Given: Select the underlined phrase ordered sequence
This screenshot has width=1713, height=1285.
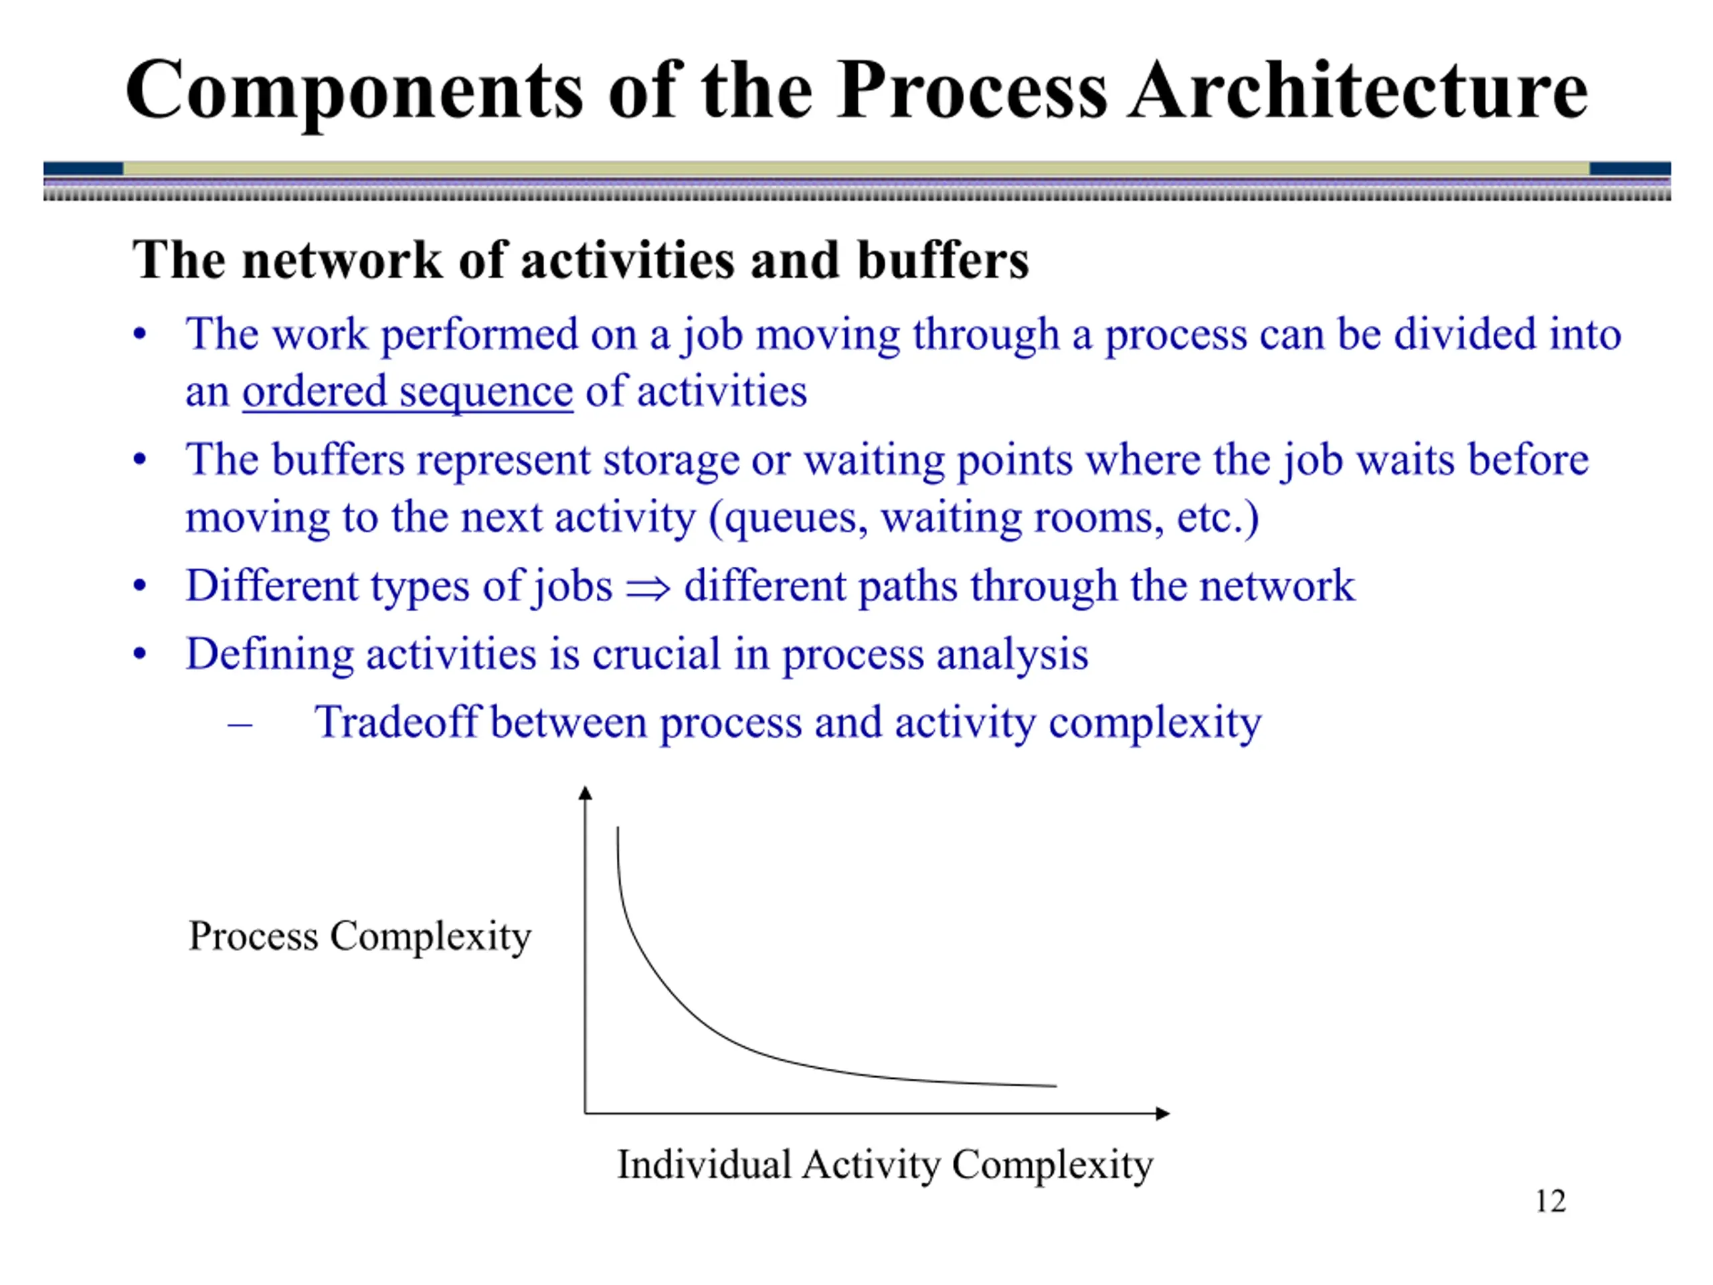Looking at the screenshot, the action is pyautogui.click(x=408, y=391).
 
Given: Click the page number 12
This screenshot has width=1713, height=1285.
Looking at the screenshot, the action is pyautogui.click(x=1550, y=1201).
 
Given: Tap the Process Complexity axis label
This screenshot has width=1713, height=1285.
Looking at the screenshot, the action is pyautogui.click(x=360, y=936).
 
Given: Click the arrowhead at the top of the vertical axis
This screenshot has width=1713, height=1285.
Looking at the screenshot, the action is pyautogui.click(x=585, y=792).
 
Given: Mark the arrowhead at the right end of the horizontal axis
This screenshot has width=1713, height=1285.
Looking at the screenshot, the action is pyautogui.click(x=1163, y=1114).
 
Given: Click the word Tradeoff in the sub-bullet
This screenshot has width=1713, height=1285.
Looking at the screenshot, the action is pyautogui.click(x=397, y=722).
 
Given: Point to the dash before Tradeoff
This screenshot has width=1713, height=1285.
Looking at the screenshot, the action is pyautogui.click(x=240, y=725).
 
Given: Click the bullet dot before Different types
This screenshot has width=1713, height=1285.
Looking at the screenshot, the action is pyautogui.click(x=139, y=586).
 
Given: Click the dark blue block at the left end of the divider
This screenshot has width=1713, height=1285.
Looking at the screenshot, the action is pyautogui.click(x=83, y=169).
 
